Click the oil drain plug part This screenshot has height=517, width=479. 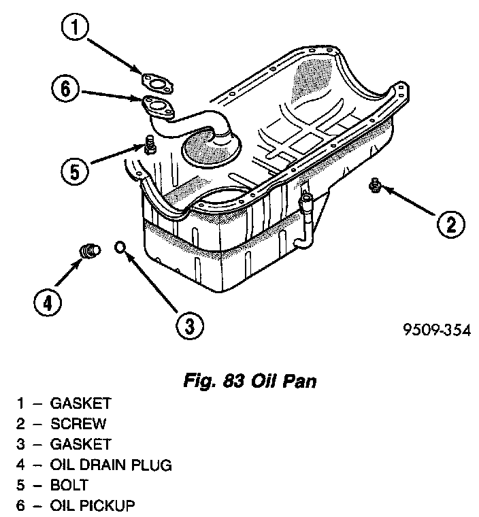tap(88, 250)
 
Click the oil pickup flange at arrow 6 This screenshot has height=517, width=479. tap(156, 105)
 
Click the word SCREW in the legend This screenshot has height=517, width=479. tap(78, 424)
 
